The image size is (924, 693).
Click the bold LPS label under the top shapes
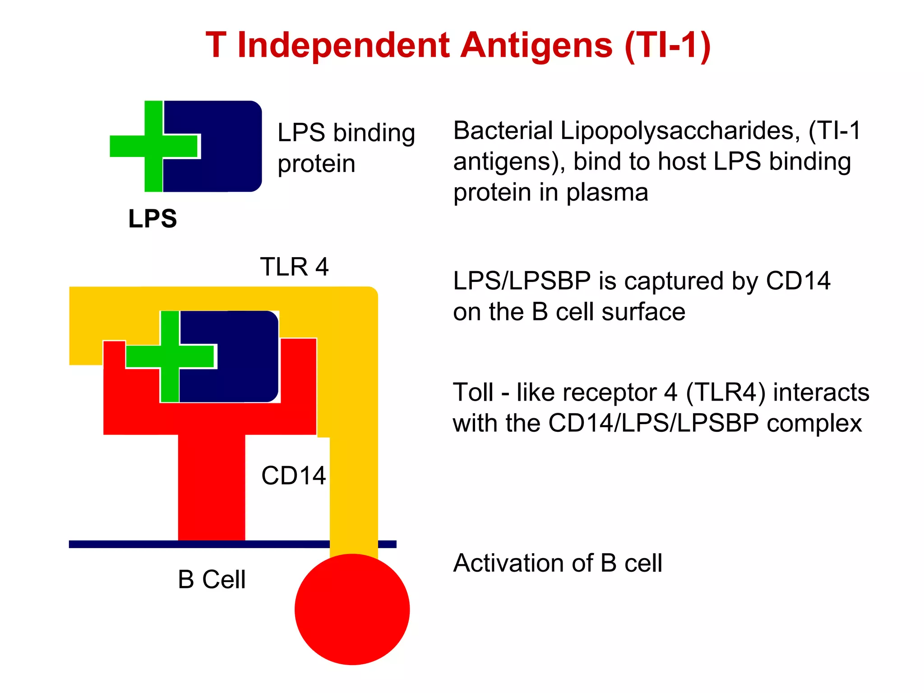tap(152, 219)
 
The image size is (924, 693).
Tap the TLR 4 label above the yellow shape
tap(294, 267)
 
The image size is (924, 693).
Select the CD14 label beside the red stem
tap(293, 476)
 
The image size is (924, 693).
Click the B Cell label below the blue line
tap(212, 579)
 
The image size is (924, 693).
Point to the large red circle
tap(352, 610)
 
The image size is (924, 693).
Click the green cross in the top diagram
tap(153, 146)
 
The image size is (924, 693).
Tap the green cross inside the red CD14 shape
tap(170, 356)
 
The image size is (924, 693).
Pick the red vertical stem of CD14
tap(212, 487)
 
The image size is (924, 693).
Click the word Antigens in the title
tap(537, 46)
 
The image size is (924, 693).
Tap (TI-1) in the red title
tap(667, 46)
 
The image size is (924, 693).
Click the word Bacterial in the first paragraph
tap(503, 131)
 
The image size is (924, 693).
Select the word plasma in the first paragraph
tap(607, 193)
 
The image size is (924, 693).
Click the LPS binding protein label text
tap(346, 148)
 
